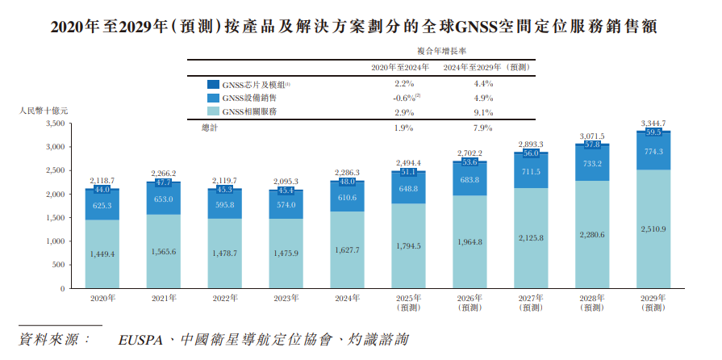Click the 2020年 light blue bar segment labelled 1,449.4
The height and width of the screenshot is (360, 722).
(x=102, y=253)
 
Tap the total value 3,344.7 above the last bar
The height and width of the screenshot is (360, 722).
(x=653, y=123)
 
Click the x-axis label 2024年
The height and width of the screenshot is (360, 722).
(x=348, y=299)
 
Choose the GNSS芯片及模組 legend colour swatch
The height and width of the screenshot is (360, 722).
(x=213, y=84)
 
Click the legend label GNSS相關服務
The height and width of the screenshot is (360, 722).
(x=249, y=112)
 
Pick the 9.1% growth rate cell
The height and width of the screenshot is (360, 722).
(x=483, y=112)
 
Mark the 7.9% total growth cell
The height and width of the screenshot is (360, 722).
(x=483, y=128)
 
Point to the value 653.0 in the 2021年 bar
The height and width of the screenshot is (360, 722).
(x=164, y=199)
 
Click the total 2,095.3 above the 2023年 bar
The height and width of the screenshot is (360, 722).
(x=286, y=182)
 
